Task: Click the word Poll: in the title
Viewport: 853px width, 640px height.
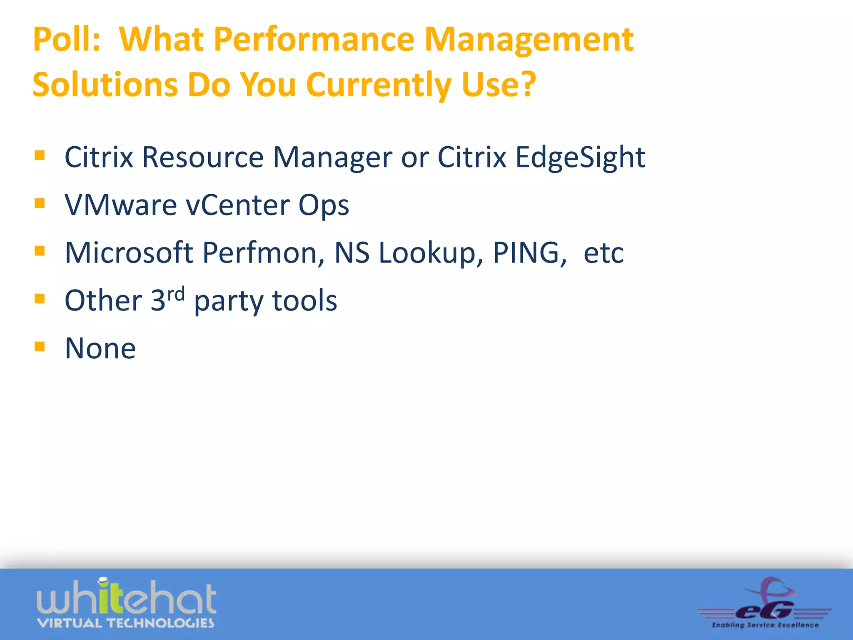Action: click(67, 40)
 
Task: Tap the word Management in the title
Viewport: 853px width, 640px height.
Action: click(529, 40)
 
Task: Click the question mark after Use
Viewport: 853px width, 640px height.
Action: click(528, 85)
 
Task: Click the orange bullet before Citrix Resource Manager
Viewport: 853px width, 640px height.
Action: click(40, 156)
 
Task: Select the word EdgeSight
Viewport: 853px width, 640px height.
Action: click(580, 157)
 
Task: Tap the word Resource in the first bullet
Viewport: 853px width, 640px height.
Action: click(203, 157)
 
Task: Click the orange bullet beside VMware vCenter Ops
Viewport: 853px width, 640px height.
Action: click(40, 203)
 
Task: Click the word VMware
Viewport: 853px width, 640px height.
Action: click(121, 205)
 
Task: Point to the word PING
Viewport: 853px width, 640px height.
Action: click(529, 252)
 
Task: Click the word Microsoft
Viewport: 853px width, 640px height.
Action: click(129, 252)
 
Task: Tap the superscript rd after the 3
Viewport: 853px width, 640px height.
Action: click(176, 294)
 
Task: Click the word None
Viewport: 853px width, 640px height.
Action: click(100, 348)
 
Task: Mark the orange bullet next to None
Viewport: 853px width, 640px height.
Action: click(40, 346)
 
